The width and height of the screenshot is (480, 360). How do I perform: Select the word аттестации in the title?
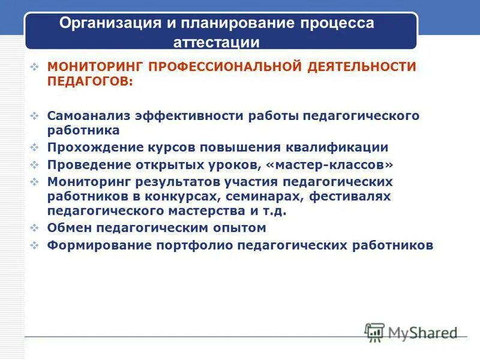[x=217, y=42]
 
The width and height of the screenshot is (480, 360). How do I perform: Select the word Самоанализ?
[x=88, y=115]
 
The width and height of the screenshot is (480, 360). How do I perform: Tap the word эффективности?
[x=191, y=115]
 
